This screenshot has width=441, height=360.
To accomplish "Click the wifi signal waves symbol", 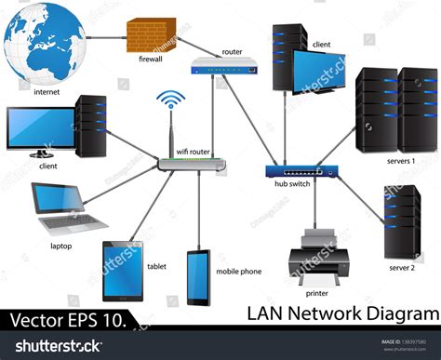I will point(170,103).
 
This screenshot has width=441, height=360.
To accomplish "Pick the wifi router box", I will point(192,165).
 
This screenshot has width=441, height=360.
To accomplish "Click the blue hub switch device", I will point(298,170).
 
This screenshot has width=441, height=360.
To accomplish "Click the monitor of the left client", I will point(39,128).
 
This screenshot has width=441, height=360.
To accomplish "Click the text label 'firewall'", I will point(152,59).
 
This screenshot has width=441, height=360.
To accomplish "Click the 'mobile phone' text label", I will point(239,272).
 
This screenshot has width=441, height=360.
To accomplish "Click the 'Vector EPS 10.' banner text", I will point(66,320).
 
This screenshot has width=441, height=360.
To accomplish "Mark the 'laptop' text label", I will point(60,246).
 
